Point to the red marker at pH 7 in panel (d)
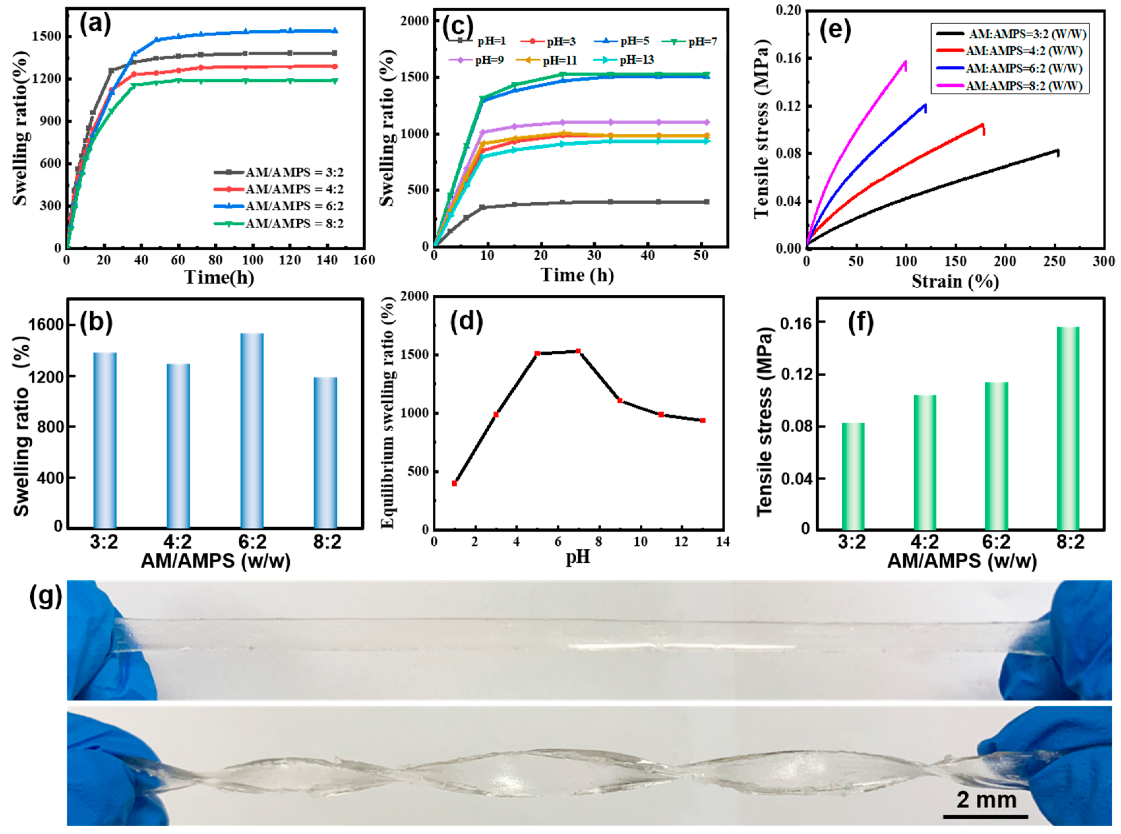click(578, 351)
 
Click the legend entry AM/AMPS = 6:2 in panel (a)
click(295, 206)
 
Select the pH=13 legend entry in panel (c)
click(637, 60)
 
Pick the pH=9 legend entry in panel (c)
click(488, 60)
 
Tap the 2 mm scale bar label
click(986, 801)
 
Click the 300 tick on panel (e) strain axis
click(1103, 261)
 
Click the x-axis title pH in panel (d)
click(578, 557)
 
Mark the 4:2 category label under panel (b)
click(178, 541)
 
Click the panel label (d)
click(466, 321)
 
